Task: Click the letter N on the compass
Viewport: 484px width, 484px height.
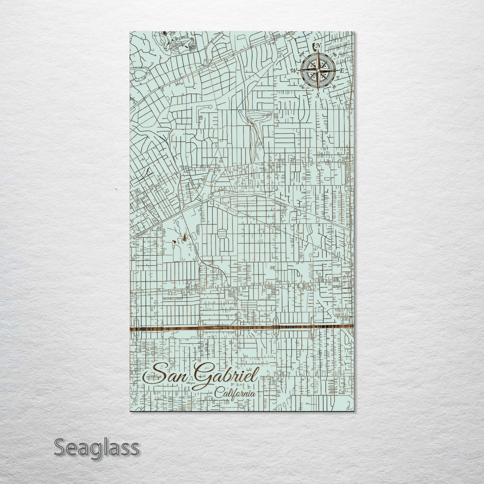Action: pyautogui.click(x=319, y=46)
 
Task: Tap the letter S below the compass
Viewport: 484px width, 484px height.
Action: pyautogui.click(x=318, y=95)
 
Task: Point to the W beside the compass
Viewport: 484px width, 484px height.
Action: pyautogui.click(x=294, y=70)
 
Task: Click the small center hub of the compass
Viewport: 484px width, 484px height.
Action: pyautogui.click(x=318, y=70)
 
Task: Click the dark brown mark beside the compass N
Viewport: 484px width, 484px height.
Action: pyautogui.click(x=314, y=46)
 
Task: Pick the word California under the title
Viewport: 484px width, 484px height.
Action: pyautogui.click(x=234, y=392)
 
